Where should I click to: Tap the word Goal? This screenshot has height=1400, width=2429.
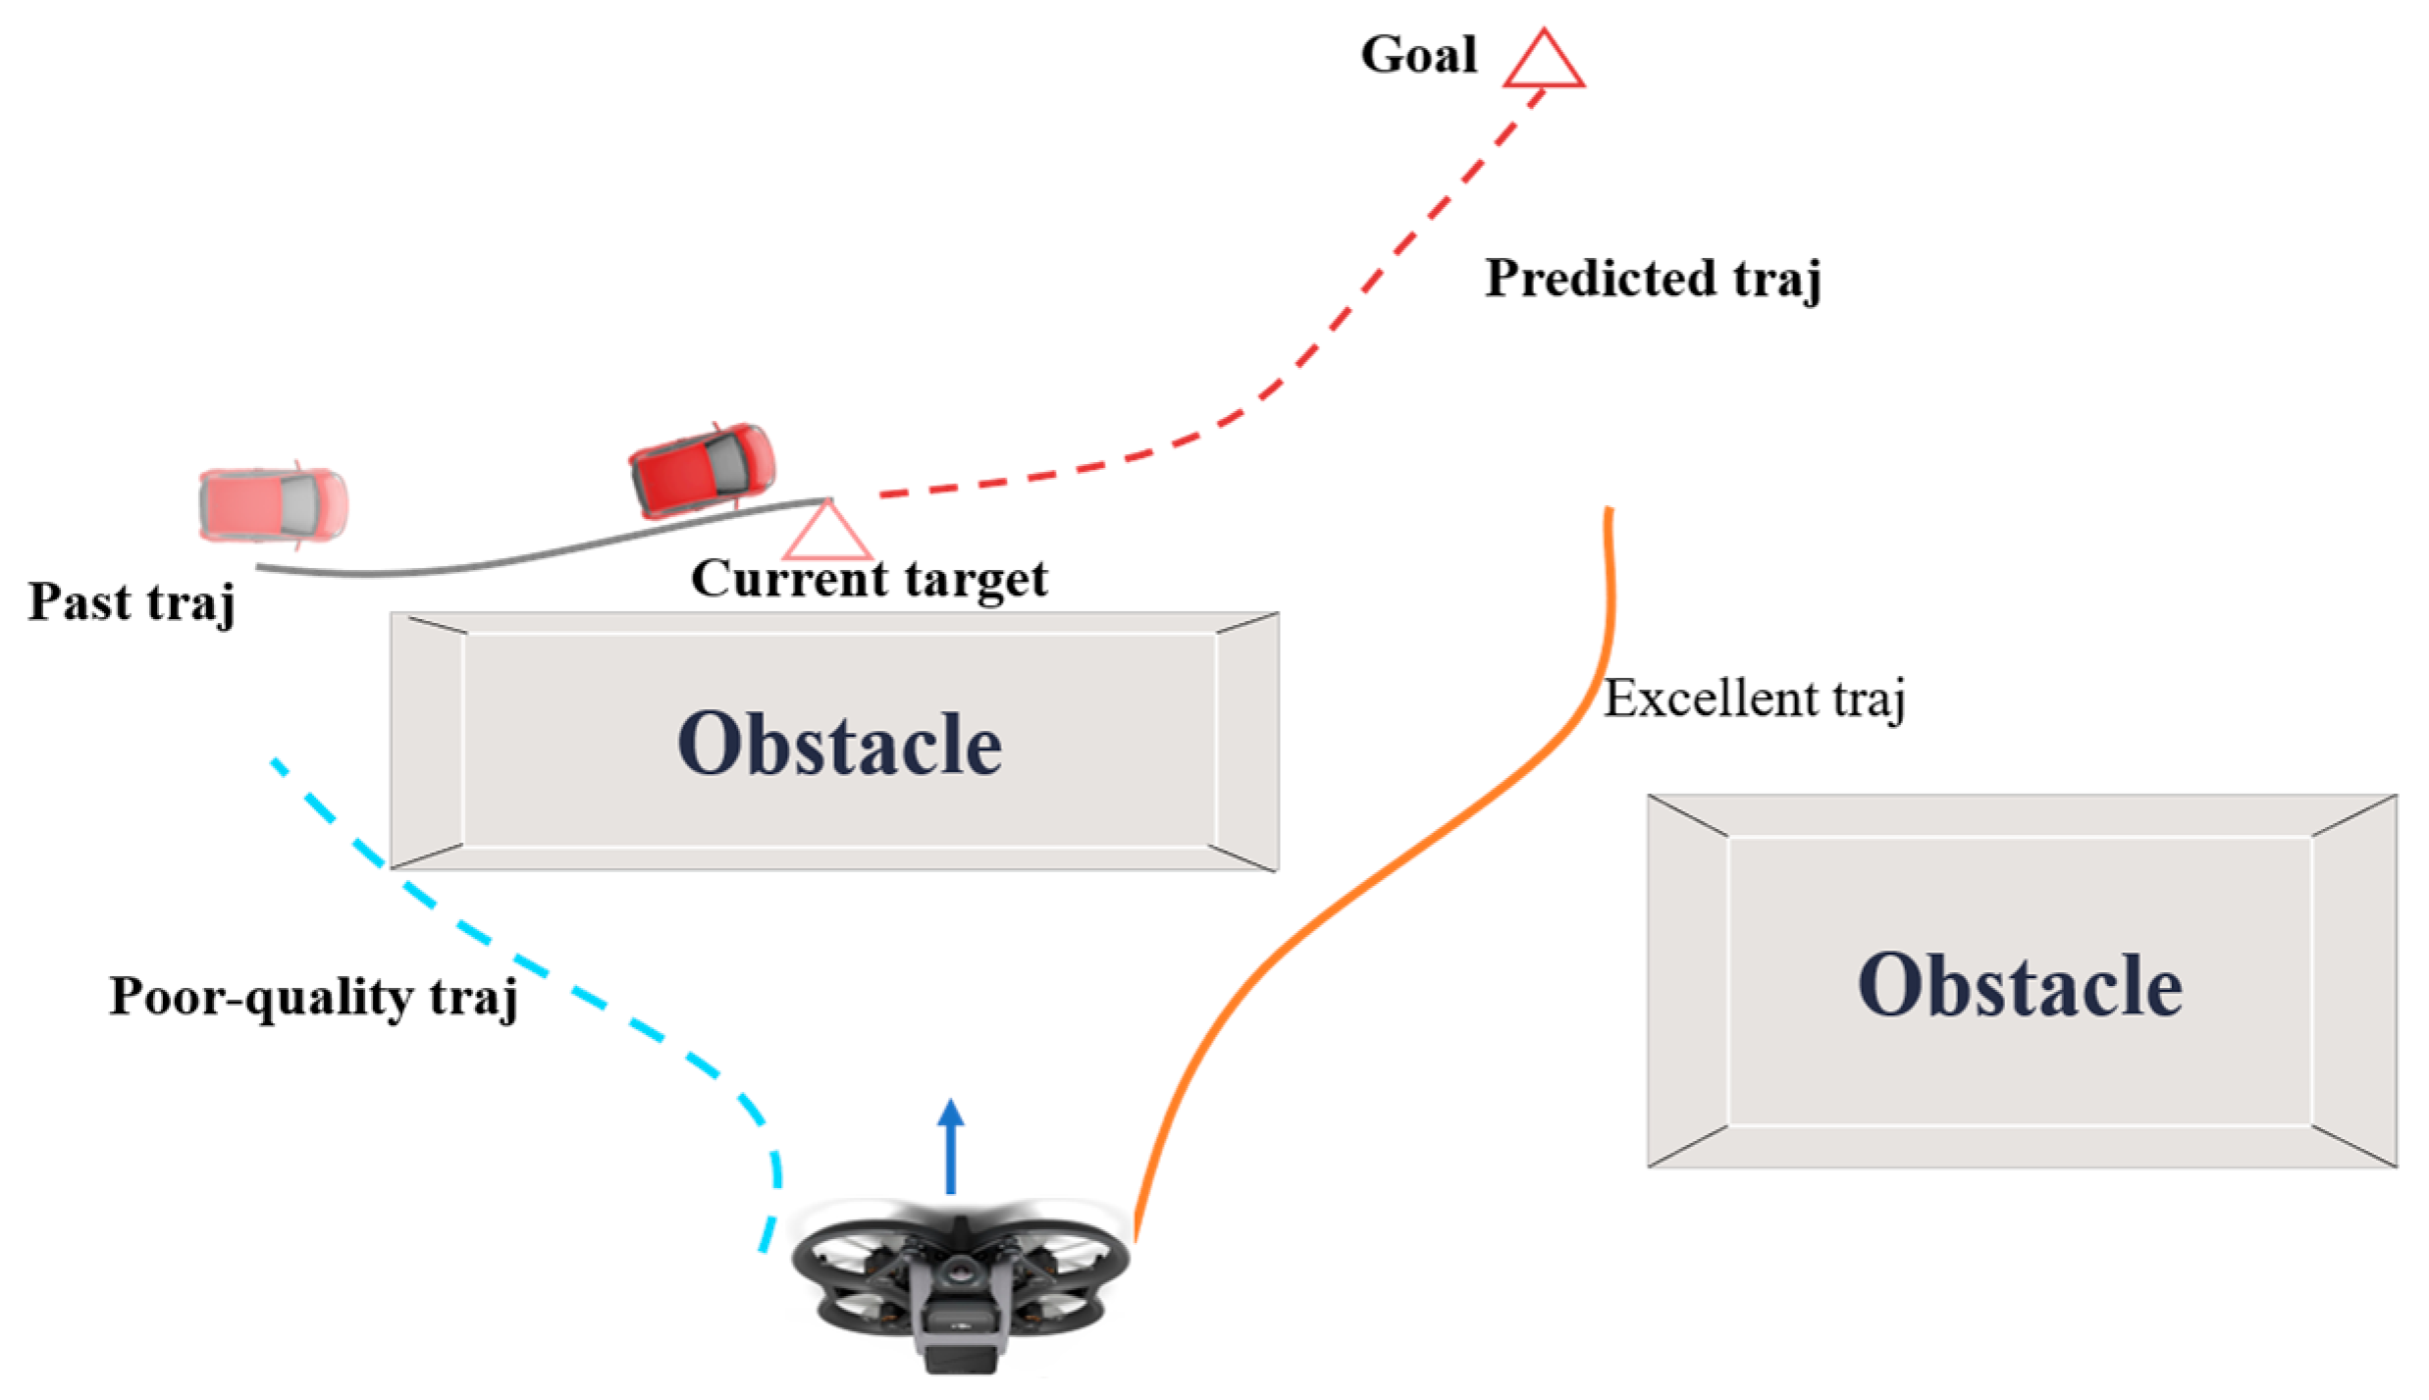point(1418,55)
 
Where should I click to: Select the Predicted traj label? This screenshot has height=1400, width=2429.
point(1653,279)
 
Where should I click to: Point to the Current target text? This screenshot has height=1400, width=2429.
point(870,579)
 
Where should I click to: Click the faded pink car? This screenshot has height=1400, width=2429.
point(273,504)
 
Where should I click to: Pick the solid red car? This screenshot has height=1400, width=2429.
point(702,470)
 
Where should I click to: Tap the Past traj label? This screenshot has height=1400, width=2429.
point(132,601)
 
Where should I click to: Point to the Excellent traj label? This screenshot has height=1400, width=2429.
point(1754,700)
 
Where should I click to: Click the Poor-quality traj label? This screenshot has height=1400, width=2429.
point(313,997)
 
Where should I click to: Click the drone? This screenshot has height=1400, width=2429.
point(960,1285)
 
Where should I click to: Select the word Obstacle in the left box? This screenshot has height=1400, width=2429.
point(839,745)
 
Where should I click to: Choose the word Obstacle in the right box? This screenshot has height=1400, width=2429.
point(2019,985)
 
